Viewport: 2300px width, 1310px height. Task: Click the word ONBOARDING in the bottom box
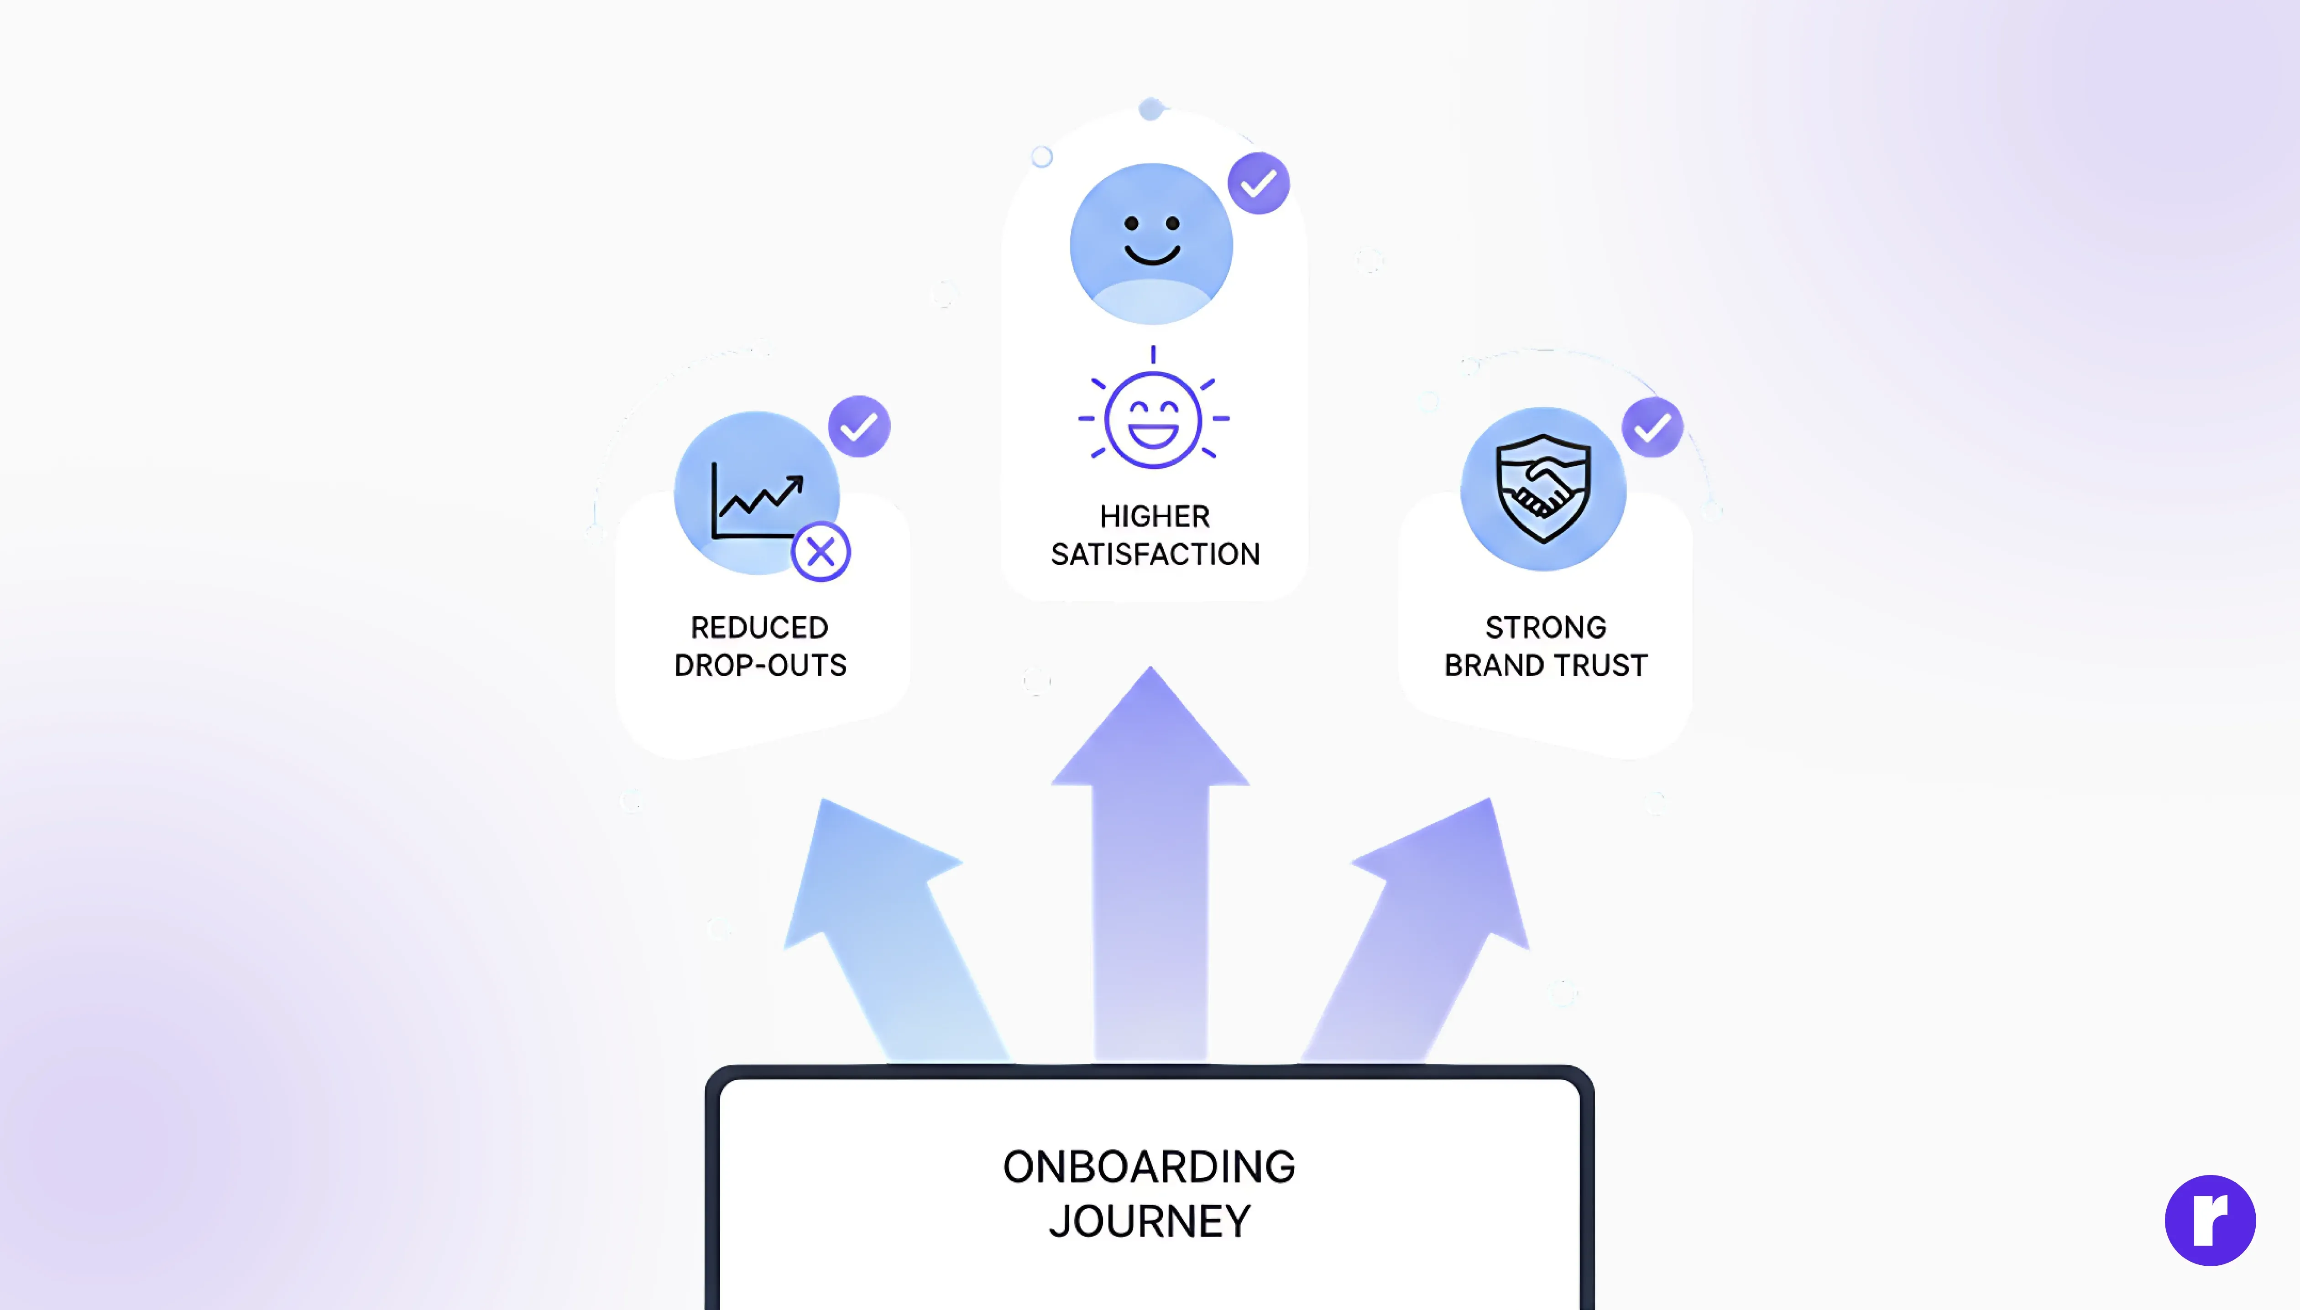(x=1149, y=1167)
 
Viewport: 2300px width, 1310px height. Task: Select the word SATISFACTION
(x=1155, y=554)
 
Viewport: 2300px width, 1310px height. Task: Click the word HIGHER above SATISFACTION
(x=1155, y=516)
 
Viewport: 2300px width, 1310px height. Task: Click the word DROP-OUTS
(x=760, y=665)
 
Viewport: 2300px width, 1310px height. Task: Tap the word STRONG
(x=1546, y=627)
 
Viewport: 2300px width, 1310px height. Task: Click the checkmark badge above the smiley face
(x=1259, y=183)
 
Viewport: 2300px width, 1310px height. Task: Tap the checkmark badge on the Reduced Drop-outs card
(x=859, y=426)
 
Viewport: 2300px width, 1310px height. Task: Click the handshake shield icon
(x=1543, y=489)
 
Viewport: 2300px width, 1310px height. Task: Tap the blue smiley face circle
(x=1151, y=243)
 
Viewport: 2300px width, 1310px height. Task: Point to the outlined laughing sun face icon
(x=1153, y=419)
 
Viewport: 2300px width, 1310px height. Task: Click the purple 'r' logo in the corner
(x=2210, y=1220)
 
